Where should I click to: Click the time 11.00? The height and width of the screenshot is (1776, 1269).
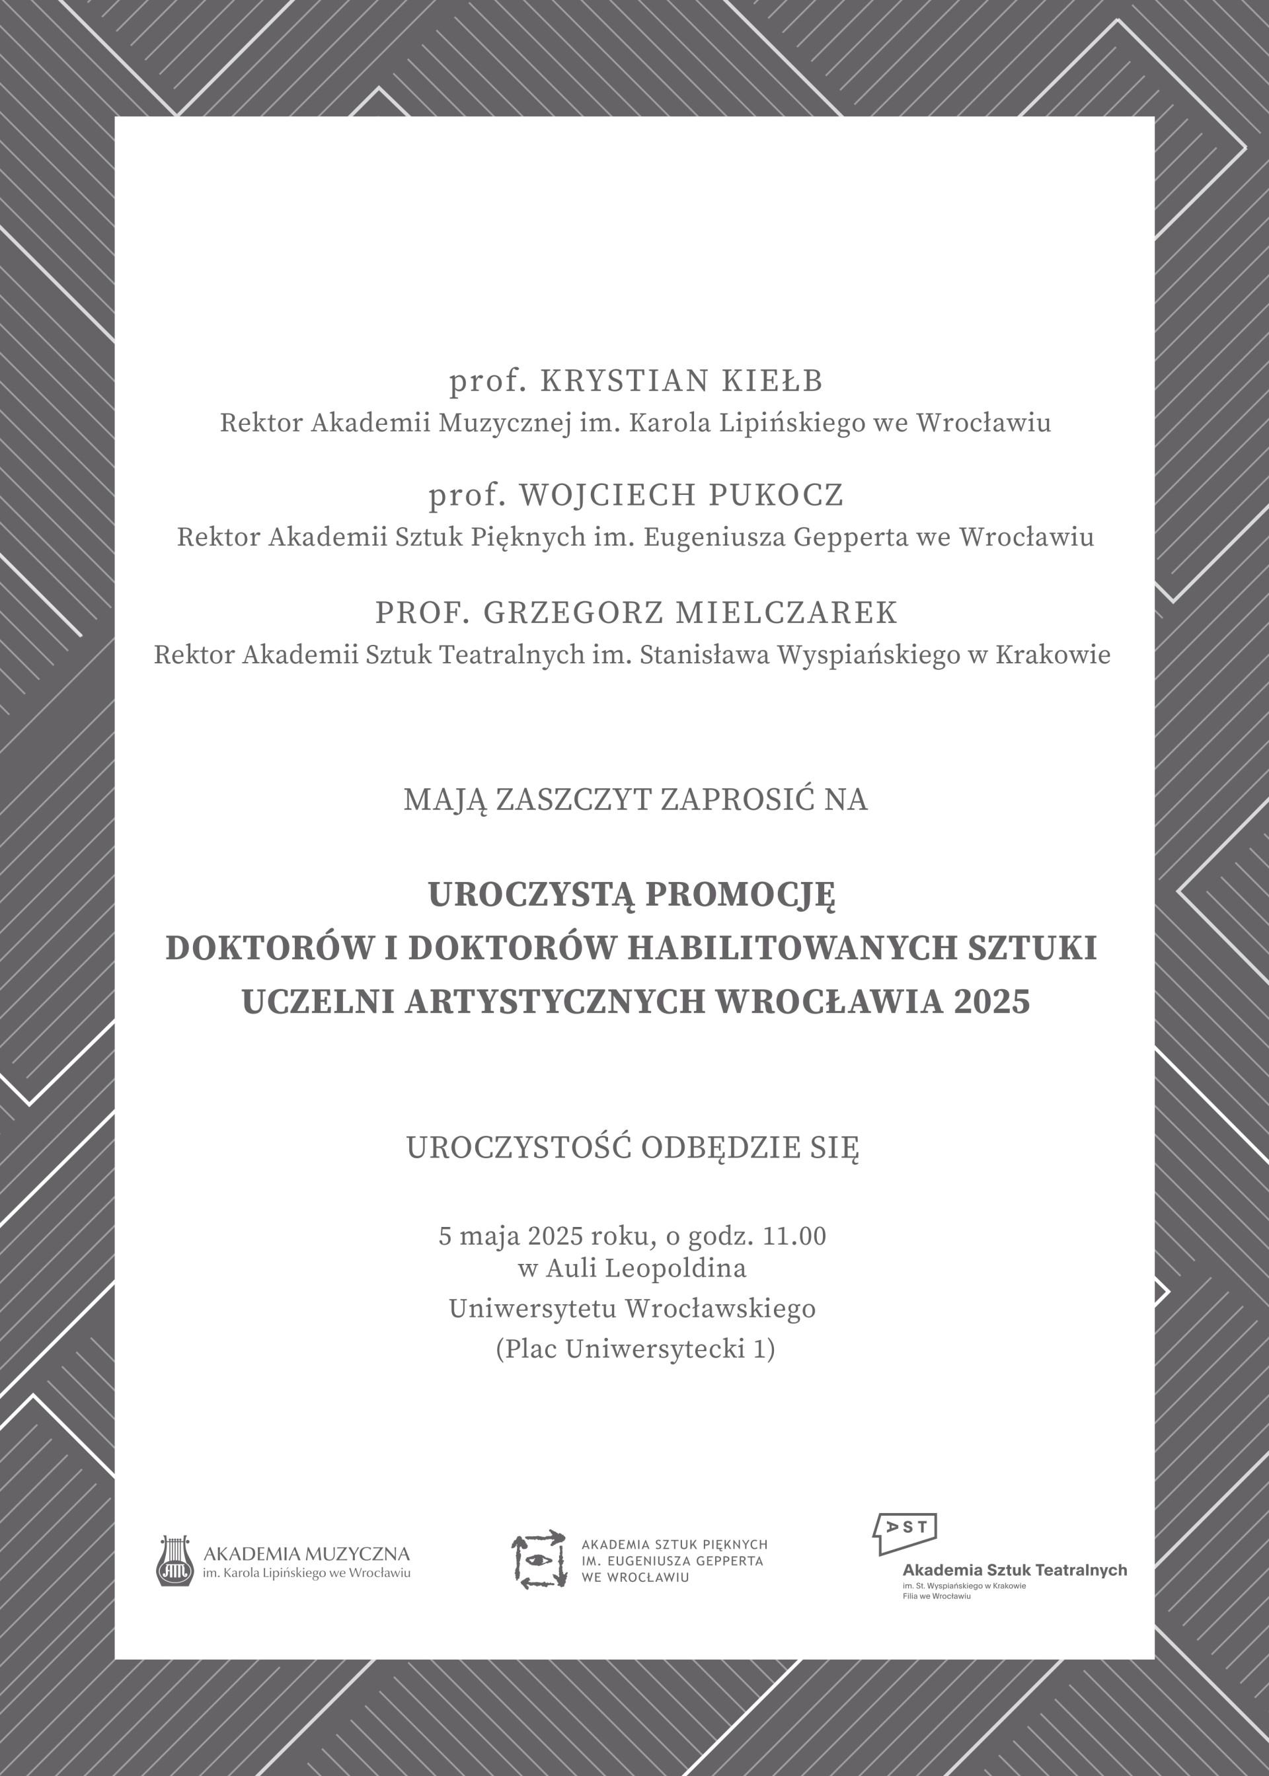(794, 1236)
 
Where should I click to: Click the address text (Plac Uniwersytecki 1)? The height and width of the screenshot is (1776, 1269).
(634, 1349)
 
